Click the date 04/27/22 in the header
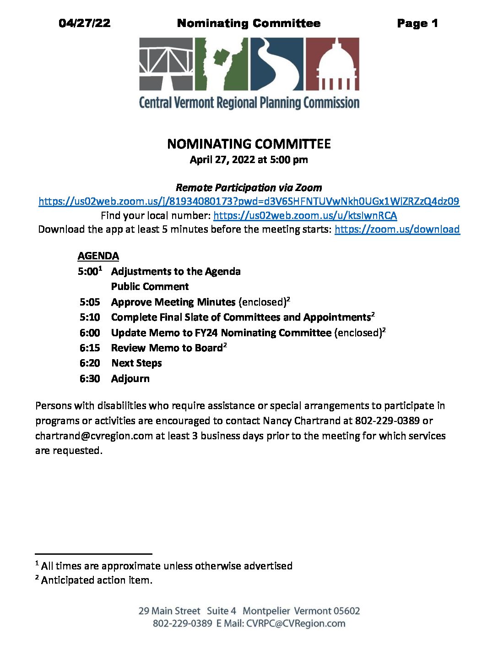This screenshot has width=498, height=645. tap(85, 23)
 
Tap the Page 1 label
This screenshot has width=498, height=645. tap(417, 23)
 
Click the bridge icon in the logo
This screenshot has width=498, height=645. tap(166, 64)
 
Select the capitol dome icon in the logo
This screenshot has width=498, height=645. tap(332, 64)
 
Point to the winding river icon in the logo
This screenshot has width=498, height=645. tap(276, 64)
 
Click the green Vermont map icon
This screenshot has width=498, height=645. tap(222, 64)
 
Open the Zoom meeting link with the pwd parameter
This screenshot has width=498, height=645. tap(249, 201)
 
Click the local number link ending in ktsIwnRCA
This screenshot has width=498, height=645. tap(305, 215)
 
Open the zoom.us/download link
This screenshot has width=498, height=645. tap(397, 229)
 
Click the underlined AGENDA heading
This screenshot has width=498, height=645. tap(98, 256)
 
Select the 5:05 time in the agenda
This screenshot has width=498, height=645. tap(90, 302)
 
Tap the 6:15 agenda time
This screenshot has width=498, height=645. tap(90, 348)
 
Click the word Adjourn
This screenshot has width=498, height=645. tap(130, 378)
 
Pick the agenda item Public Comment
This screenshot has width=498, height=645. tap(150, 286)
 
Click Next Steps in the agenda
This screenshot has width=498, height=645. tap(136, 363)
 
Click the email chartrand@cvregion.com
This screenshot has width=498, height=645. tap(94, 436)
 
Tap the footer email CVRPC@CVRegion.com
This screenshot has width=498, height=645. tap(296, 623)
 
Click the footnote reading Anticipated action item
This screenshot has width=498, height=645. tap(97, 580)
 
